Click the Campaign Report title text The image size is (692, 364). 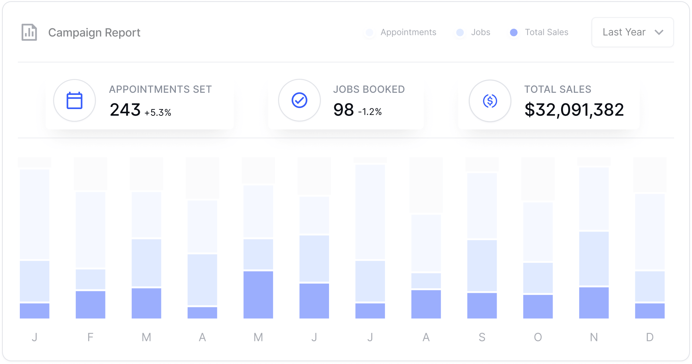(94, 33)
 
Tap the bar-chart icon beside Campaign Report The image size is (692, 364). (29, 33)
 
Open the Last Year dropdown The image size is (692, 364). (632, 32)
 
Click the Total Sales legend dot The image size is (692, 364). (514, 33)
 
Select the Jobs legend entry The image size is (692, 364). (480, 32)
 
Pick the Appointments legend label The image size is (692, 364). (408, 32)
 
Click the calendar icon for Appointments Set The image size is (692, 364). (75, 101)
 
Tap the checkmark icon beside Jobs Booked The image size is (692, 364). (299, 100)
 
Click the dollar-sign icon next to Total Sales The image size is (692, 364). (490, 101)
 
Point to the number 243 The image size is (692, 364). (125, 110)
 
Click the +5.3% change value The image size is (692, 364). (158, 113)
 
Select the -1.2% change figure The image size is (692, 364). (370, 112)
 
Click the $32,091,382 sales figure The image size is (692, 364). (574, 110)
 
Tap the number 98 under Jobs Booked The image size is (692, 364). (344, 110)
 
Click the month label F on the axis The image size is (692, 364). (90, 337)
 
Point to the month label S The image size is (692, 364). (482, 337)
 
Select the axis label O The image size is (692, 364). (538, 337)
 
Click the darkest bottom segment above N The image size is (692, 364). (594, 303)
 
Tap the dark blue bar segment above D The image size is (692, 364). (650, 311)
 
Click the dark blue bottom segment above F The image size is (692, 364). (90, 305)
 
